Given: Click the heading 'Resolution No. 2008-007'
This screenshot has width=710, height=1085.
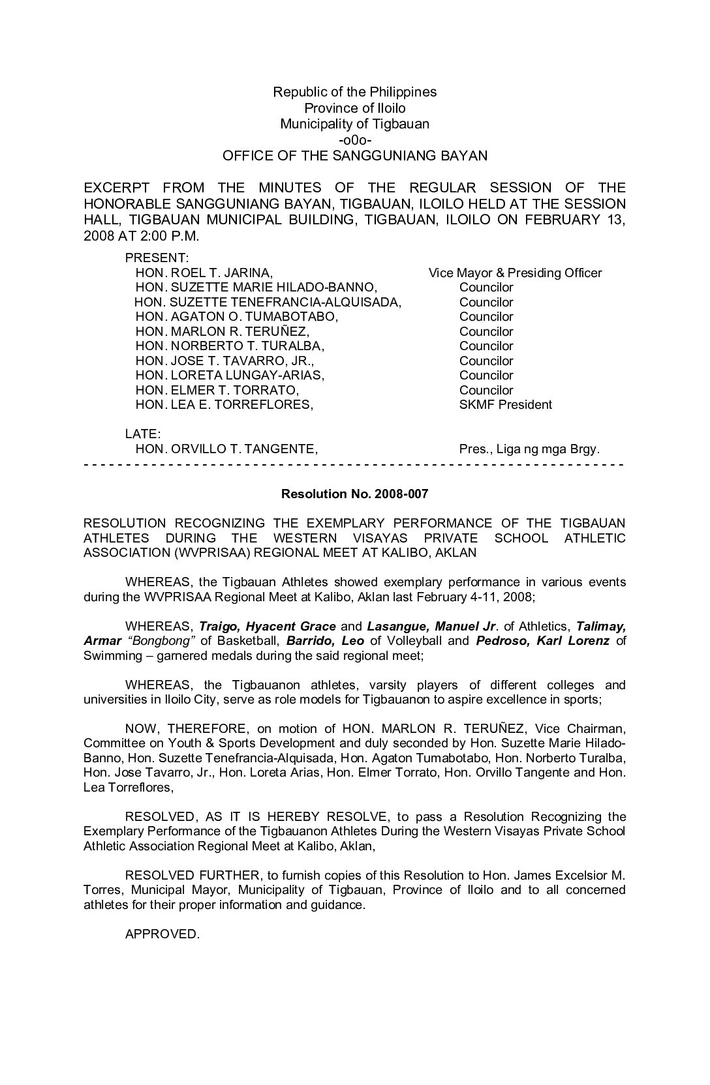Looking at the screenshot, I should coord(354,494).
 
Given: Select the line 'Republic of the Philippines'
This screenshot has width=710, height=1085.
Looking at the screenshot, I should coord(354,92).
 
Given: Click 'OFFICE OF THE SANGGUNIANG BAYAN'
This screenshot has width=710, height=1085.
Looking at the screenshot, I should coord(354,156).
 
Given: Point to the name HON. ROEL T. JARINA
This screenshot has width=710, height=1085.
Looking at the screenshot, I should coord(204,273).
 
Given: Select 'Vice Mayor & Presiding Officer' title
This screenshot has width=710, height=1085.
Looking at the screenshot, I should coord(515,273).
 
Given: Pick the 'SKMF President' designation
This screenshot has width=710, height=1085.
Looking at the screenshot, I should coord(505,405).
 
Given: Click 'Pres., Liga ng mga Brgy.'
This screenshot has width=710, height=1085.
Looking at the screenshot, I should coord(529,449).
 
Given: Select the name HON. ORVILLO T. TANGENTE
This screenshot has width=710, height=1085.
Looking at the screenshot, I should coord(226,449).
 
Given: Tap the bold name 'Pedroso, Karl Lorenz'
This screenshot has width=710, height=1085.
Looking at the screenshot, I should coord(542,641).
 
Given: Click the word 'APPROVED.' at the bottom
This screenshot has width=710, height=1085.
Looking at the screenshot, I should coord(162,934).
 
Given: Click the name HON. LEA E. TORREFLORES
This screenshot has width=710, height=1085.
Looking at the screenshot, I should coord(224,405).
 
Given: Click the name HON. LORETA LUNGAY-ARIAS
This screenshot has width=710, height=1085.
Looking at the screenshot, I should coord(230,376).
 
